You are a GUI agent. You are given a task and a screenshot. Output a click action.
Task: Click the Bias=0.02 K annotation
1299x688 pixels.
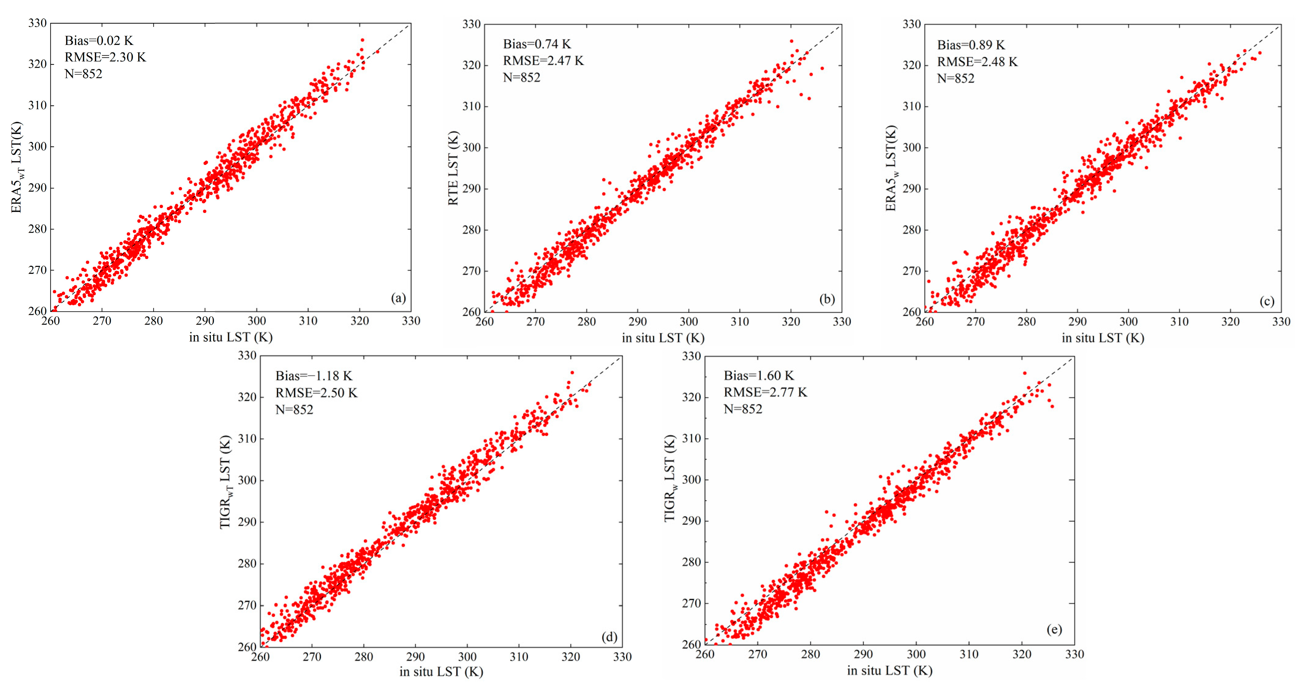(x=99, y=41)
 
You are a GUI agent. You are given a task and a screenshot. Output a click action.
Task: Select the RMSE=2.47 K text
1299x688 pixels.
(x=543, y=61)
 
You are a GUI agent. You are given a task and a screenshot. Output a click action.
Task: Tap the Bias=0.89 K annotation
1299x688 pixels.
(x=971, y=45)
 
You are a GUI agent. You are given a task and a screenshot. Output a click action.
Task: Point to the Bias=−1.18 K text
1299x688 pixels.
(x=314, y=376)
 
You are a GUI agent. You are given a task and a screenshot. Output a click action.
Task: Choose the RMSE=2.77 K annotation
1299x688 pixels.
(x=765, y=392)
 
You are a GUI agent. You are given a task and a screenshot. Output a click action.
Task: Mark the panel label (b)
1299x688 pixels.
(x=827, y=299)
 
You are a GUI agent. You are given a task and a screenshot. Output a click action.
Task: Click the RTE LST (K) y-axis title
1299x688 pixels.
(x=453, y=168)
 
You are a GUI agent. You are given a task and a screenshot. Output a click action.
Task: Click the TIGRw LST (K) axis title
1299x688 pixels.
(x=670, y=479)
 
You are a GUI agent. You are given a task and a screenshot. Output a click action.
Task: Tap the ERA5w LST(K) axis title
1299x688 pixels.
(x=891, y=168)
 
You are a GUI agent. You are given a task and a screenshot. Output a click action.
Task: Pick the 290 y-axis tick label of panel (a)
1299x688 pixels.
(x=37, y=188)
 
